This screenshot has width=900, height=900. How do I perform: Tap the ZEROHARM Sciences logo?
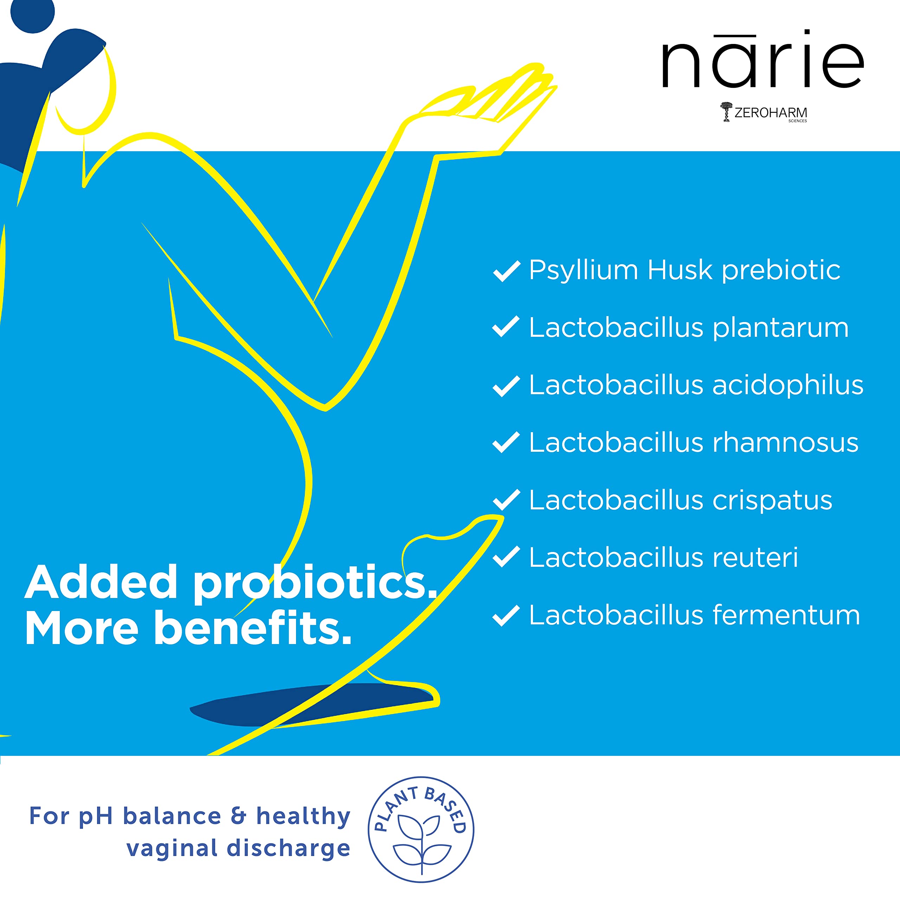(764, 112)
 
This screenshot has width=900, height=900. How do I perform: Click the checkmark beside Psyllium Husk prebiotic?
(506, 271)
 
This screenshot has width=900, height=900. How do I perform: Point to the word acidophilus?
(788, 385)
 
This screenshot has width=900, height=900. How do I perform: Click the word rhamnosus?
(785, 443)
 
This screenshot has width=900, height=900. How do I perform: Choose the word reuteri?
(755, 558)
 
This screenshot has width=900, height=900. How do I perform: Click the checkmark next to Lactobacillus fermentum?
(506, 616)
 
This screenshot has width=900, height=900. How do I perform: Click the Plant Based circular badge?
(421, 830)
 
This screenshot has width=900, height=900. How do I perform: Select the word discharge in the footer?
(288, 848)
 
